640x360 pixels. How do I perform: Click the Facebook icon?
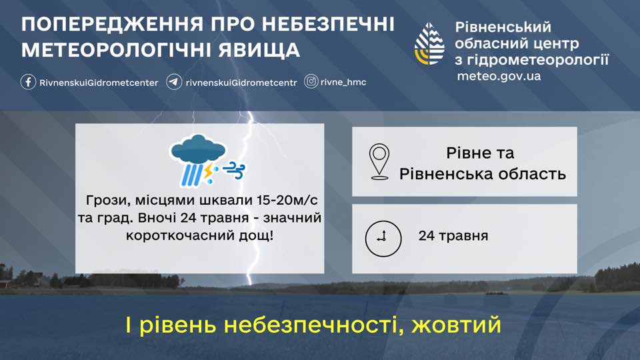click(x=28, y=82)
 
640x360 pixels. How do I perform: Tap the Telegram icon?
click(x=174, y=82)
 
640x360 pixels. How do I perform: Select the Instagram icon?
click(x=311, y=81)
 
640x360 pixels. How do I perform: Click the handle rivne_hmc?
click(x=343, y=82)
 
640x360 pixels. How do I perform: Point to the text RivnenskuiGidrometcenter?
click(x=99, y=83)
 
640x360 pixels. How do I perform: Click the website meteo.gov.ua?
click(x=499, y=76)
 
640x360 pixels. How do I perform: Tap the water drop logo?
click(x=429, y=44)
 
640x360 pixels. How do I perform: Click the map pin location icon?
click(x=379, y=161)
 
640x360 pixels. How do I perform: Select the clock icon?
click(x=383, y=239)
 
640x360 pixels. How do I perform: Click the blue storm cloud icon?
click(x=199, y=149)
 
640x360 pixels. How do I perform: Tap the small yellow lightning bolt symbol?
click(x=208, y=172)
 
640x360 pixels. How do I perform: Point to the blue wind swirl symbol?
click(x=234, y=171)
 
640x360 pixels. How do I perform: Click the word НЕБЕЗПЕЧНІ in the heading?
click(x=328, y=25)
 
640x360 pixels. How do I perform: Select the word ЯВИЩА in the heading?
click(x=259, y=50)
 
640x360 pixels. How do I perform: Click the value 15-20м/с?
click(x=287, y=201)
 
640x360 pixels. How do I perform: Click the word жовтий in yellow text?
click(x=456, y=325)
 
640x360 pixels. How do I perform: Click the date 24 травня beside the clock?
click(x=453, y=236)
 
